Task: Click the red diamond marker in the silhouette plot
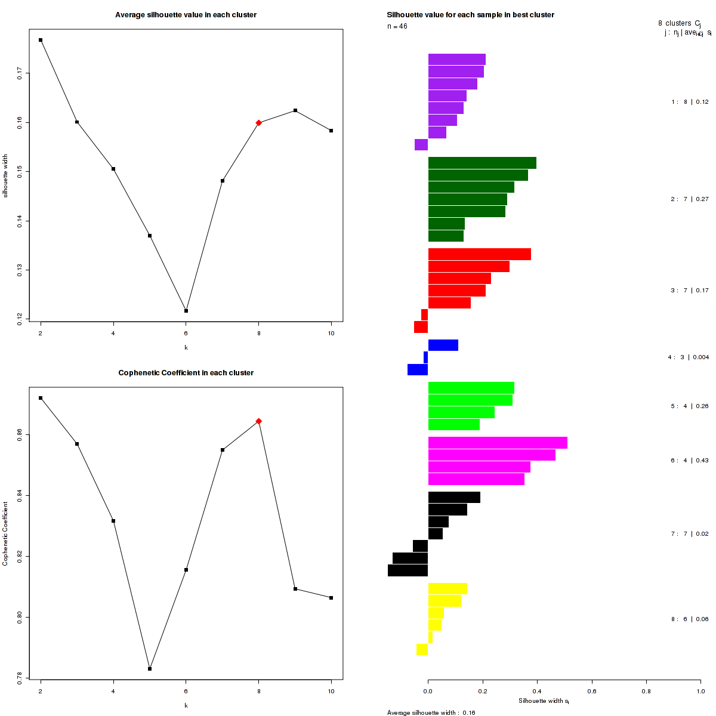pos(258,123)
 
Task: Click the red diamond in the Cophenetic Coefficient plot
pos(258,421)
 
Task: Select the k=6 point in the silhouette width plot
pos(186,311)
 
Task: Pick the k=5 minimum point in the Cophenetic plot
pos(150,669)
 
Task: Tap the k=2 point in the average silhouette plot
pos(41,40)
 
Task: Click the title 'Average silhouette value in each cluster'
pos(186,15)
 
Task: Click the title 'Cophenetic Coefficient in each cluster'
pos(186,373)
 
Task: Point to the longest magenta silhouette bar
pos(498,443)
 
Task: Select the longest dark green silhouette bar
pos(482,163)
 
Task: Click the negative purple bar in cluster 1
pos(421,144)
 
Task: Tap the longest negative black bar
pos(408,570)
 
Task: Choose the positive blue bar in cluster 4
pos(443,345)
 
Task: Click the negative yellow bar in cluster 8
pos(422,649)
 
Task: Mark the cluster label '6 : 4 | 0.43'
pos(689,461)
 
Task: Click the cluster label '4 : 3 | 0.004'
pos(688,357)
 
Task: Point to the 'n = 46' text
pos(397,26)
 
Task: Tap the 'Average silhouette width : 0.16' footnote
pos(431,712)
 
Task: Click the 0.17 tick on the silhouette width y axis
pos(21,73)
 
